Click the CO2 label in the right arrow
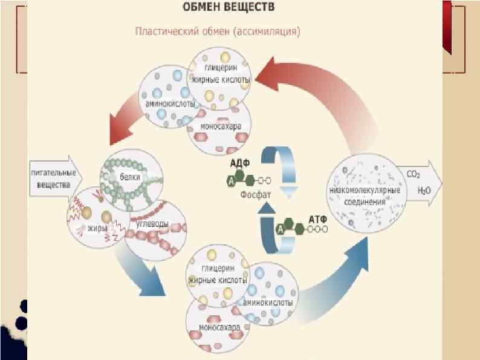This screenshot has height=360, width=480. click(414, 174)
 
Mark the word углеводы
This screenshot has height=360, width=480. click(152, 223)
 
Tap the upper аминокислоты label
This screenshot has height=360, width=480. click(170, 104)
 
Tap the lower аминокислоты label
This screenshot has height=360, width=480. click(268, 302)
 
